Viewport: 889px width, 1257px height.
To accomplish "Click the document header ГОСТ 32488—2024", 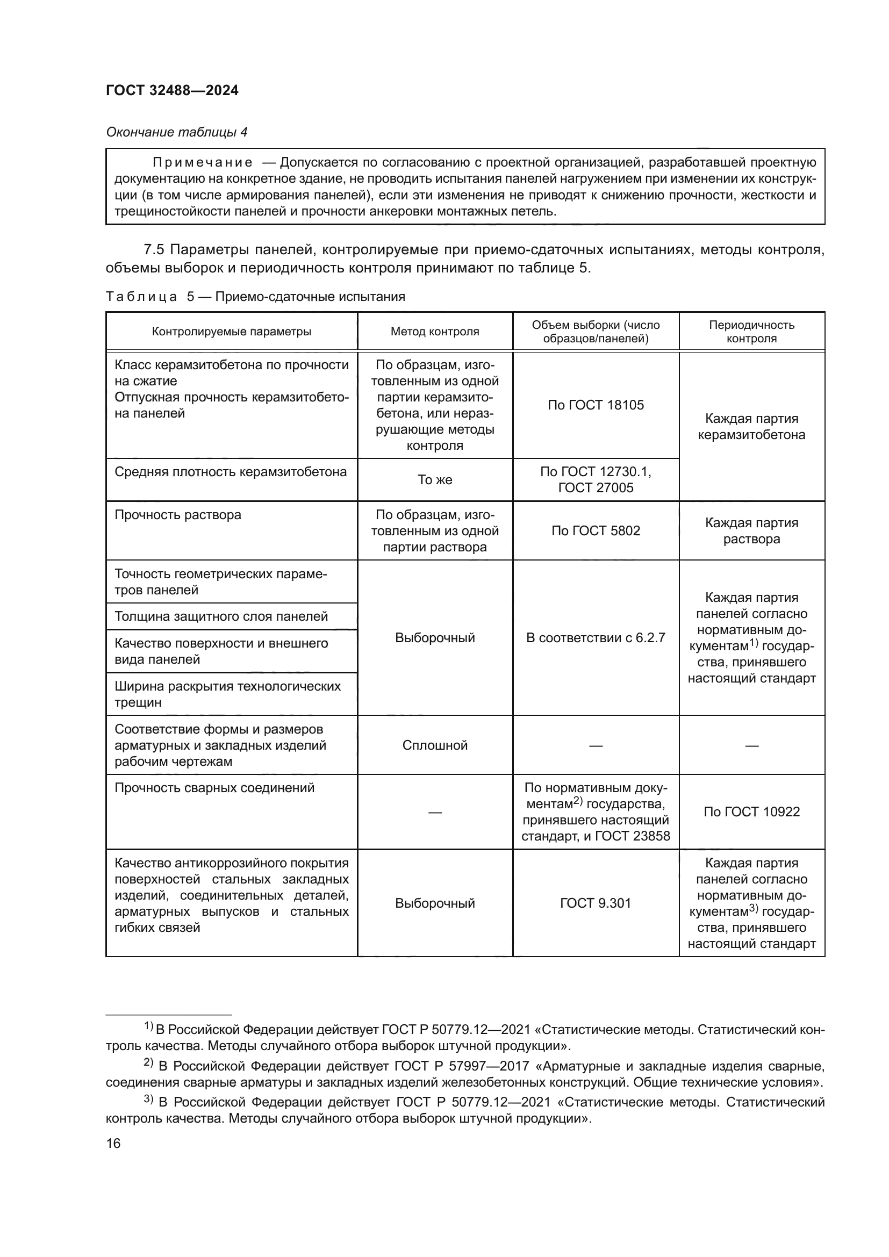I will [172, 90].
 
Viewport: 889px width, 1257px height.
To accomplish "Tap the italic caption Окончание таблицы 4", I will [176, 132].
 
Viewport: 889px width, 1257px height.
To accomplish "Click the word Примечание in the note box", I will [203, 162].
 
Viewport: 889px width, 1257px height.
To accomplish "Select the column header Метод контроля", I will [435, 331].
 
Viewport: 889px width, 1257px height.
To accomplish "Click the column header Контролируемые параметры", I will [231, 331].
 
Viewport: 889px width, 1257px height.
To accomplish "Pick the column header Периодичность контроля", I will [751, 331].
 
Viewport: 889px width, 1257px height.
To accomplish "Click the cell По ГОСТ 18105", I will [596, 405].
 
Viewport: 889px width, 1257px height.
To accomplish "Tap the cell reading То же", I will [435, 479].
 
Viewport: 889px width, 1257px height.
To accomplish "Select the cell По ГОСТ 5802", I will [596, 530].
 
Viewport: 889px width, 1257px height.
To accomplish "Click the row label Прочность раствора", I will [178, 515].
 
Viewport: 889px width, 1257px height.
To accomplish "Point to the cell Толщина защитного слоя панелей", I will [221, 616].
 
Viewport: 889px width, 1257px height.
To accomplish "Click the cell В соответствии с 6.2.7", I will [596, 637].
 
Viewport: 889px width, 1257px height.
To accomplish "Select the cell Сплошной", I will [435, 745].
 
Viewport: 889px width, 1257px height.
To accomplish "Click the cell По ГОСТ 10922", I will [751, 811].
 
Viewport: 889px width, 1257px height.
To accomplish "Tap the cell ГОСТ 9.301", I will [596, 903].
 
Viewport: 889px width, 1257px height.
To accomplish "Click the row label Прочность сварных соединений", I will [214, 788].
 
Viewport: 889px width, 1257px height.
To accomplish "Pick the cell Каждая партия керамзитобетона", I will [751, 427].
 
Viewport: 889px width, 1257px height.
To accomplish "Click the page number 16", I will [113, 1143].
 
